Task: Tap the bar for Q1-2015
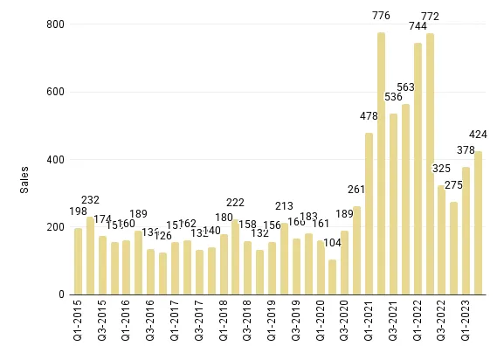79,261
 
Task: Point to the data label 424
478,135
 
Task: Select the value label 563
405,87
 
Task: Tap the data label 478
369,116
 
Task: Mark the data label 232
91,199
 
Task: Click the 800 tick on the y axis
56,24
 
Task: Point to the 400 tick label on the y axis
56,160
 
